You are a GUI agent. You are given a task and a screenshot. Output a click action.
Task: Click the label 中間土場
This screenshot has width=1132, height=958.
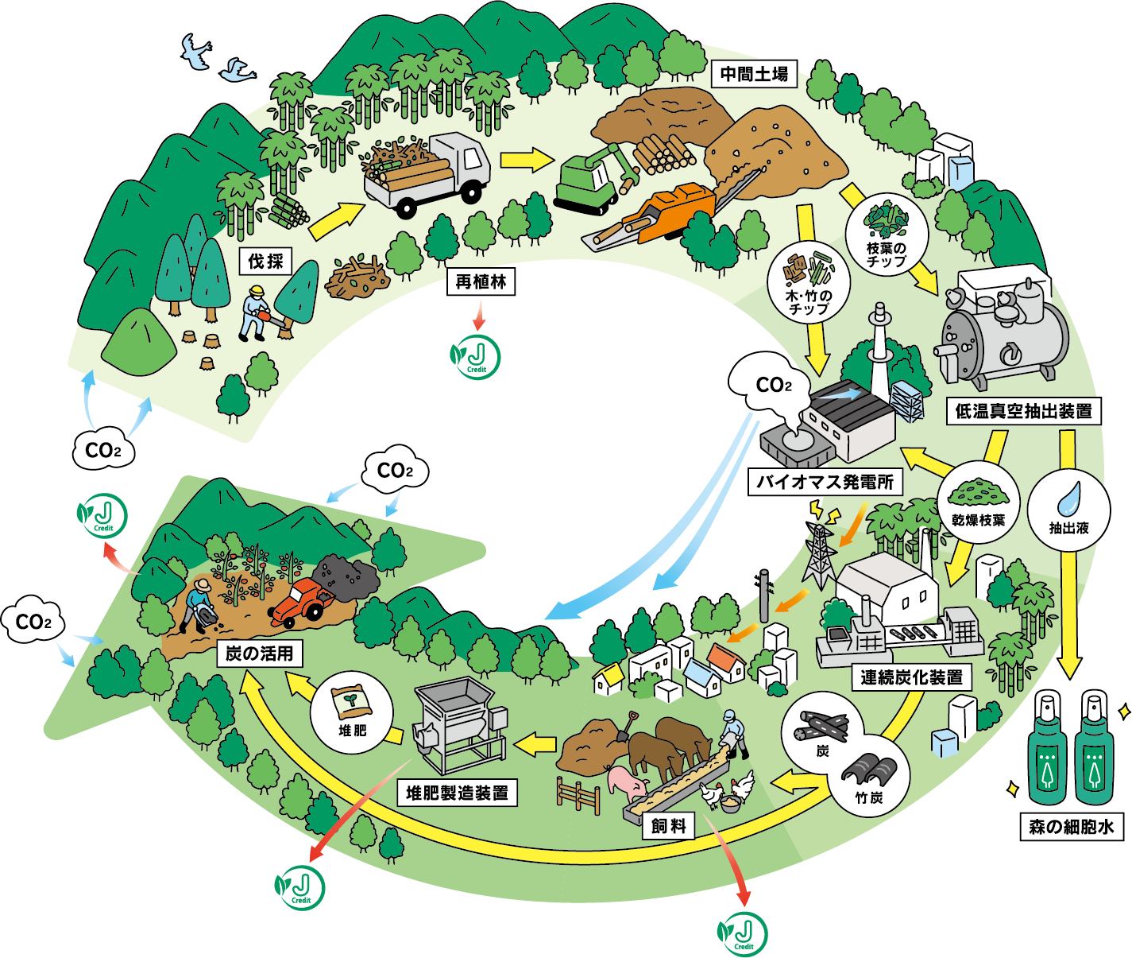[x=753, y=75]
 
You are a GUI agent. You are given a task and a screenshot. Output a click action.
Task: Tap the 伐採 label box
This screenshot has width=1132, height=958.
[x=265, y=261]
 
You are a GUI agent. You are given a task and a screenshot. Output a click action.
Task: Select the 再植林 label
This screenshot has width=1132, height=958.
[x=481, y=282]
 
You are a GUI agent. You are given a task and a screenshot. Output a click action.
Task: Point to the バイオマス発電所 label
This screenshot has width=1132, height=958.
[x=825, y=482]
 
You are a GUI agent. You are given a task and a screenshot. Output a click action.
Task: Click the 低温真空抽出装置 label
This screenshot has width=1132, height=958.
[x=1023, y=411]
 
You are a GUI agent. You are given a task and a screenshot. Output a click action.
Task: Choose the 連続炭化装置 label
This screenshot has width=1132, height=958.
[x=912, y=677]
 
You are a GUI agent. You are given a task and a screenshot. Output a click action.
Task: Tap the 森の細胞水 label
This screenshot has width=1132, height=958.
[x=1071, y=827]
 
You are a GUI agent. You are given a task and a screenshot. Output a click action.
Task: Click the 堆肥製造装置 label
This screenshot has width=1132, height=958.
[x=457, y=793]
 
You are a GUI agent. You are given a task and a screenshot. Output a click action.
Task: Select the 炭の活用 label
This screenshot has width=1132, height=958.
[x=259, y=654]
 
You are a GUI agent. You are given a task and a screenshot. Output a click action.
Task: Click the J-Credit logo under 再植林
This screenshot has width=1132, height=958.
[x=477, y=357]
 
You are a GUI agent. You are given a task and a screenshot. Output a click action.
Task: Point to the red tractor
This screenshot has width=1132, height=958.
[x=300, y=600]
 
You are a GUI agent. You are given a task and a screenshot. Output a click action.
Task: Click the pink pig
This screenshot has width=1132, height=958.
[x=628, y=783]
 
